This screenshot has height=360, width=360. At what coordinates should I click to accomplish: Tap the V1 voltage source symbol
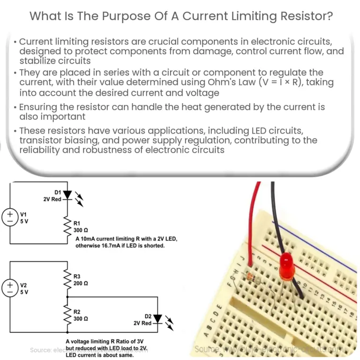coord(10,217)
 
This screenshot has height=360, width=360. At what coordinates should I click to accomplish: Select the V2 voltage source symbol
coord(10,287)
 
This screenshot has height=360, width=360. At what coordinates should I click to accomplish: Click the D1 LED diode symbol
coord(68,195)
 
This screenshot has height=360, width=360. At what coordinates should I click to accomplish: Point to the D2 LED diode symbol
coord(157,319)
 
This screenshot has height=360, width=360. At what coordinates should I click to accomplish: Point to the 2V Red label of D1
coord(52,199)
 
